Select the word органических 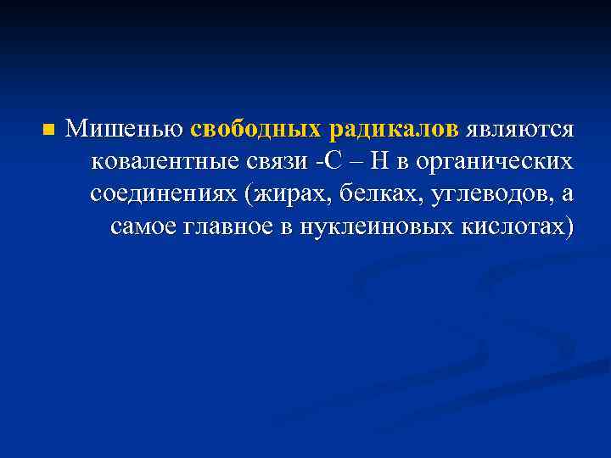tap(494, 161)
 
